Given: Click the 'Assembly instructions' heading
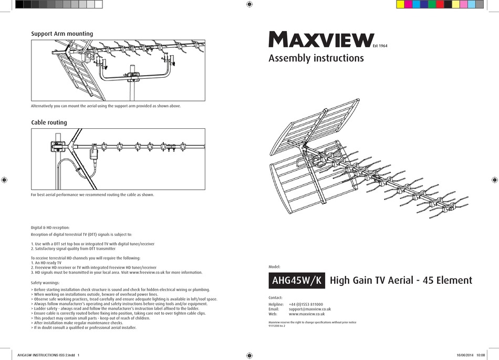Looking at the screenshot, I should [316, 58].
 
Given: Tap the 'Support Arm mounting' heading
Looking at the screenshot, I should [62, 34].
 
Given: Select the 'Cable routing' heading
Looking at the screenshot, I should [49, 122].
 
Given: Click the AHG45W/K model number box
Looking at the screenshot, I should [297, 280].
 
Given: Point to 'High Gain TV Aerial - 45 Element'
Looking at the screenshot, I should [401, 281].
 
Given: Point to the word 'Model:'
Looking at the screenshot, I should [274, 267].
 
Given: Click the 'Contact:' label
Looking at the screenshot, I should [276, 297].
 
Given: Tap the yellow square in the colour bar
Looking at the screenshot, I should [400, 5].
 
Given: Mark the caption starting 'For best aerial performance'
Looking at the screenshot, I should [92, 194].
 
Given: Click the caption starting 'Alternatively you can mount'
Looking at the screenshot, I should [106, 106].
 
